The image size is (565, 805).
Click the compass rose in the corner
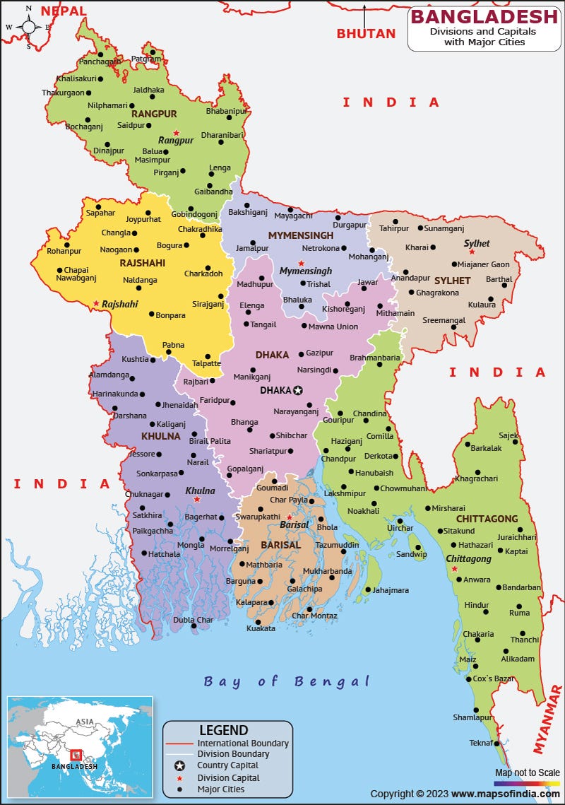[28, 27]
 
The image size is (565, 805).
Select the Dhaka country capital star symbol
[298, 390]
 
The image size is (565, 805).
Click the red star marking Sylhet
[472, 252]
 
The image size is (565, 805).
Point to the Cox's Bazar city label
[494, 678]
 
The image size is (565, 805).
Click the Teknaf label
[481, 742]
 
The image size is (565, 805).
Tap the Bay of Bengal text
[287, 681]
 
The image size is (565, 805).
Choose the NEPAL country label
[64, 11]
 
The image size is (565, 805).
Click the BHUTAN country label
[366, 33]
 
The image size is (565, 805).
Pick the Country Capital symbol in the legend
[180, 765]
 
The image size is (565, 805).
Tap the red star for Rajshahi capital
[96, 304]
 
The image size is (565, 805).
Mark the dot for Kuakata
[258, 622]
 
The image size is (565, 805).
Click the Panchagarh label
[99, 62]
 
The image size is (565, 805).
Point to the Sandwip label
[411, 554]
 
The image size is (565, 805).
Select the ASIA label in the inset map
[85, 722]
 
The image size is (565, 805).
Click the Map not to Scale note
[527, 772]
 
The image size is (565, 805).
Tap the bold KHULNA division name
[160, 436]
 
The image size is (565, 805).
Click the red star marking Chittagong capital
[455, 569]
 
